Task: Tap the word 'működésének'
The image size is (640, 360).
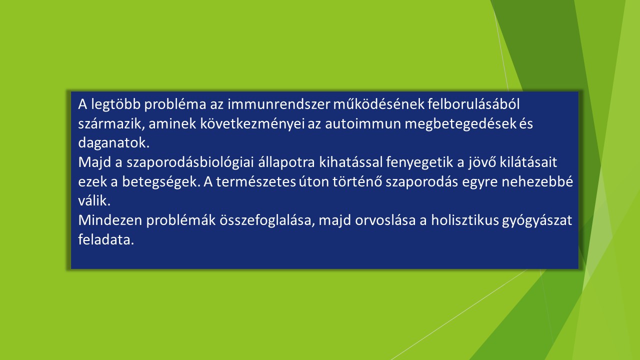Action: coord(379,104)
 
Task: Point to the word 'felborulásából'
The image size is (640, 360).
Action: coord(473,104)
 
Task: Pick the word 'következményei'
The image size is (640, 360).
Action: coord(252,123)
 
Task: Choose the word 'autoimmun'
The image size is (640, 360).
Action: coord(363,123)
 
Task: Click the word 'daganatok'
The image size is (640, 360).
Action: coord(112,143)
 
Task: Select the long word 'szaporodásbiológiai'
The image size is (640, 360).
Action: coord(190,162)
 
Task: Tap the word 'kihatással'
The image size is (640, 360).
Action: coord(350,162)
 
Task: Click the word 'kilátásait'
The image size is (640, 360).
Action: coord(528,162)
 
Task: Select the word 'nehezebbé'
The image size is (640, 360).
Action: coord(537,181)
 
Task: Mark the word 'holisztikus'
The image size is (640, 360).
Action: coord(465,220)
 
